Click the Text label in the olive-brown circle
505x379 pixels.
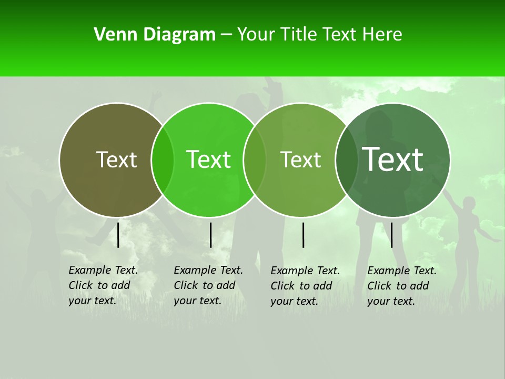(x=116, y=159)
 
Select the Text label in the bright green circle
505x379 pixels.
(x=208, y=159)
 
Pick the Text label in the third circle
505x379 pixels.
(x=300, y=159)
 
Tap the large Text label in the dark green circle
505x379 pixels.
(x=393, y=159)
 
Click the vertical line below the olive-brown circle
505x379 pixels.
(x=118, y=235)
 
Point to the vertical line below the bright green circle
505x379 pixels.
(x=210, y=235)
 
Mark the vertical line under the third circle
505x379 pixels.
(x=304, y=235)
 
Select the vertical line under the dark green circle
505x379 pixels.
(x=392, y=235)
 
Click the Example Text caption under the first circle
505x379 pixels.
(x=103, y=285)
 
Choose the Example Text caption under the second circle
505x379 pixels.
(x=208, y=285)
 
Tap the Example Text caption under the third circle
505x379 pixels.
(x=305, y=286)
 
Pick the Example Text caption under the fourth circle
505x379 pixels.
(x=402, y=286)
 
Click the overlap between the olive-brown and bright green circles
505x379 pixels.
(x=163, y=159)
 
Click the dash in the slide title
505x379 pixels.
(x=226, y=35)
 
